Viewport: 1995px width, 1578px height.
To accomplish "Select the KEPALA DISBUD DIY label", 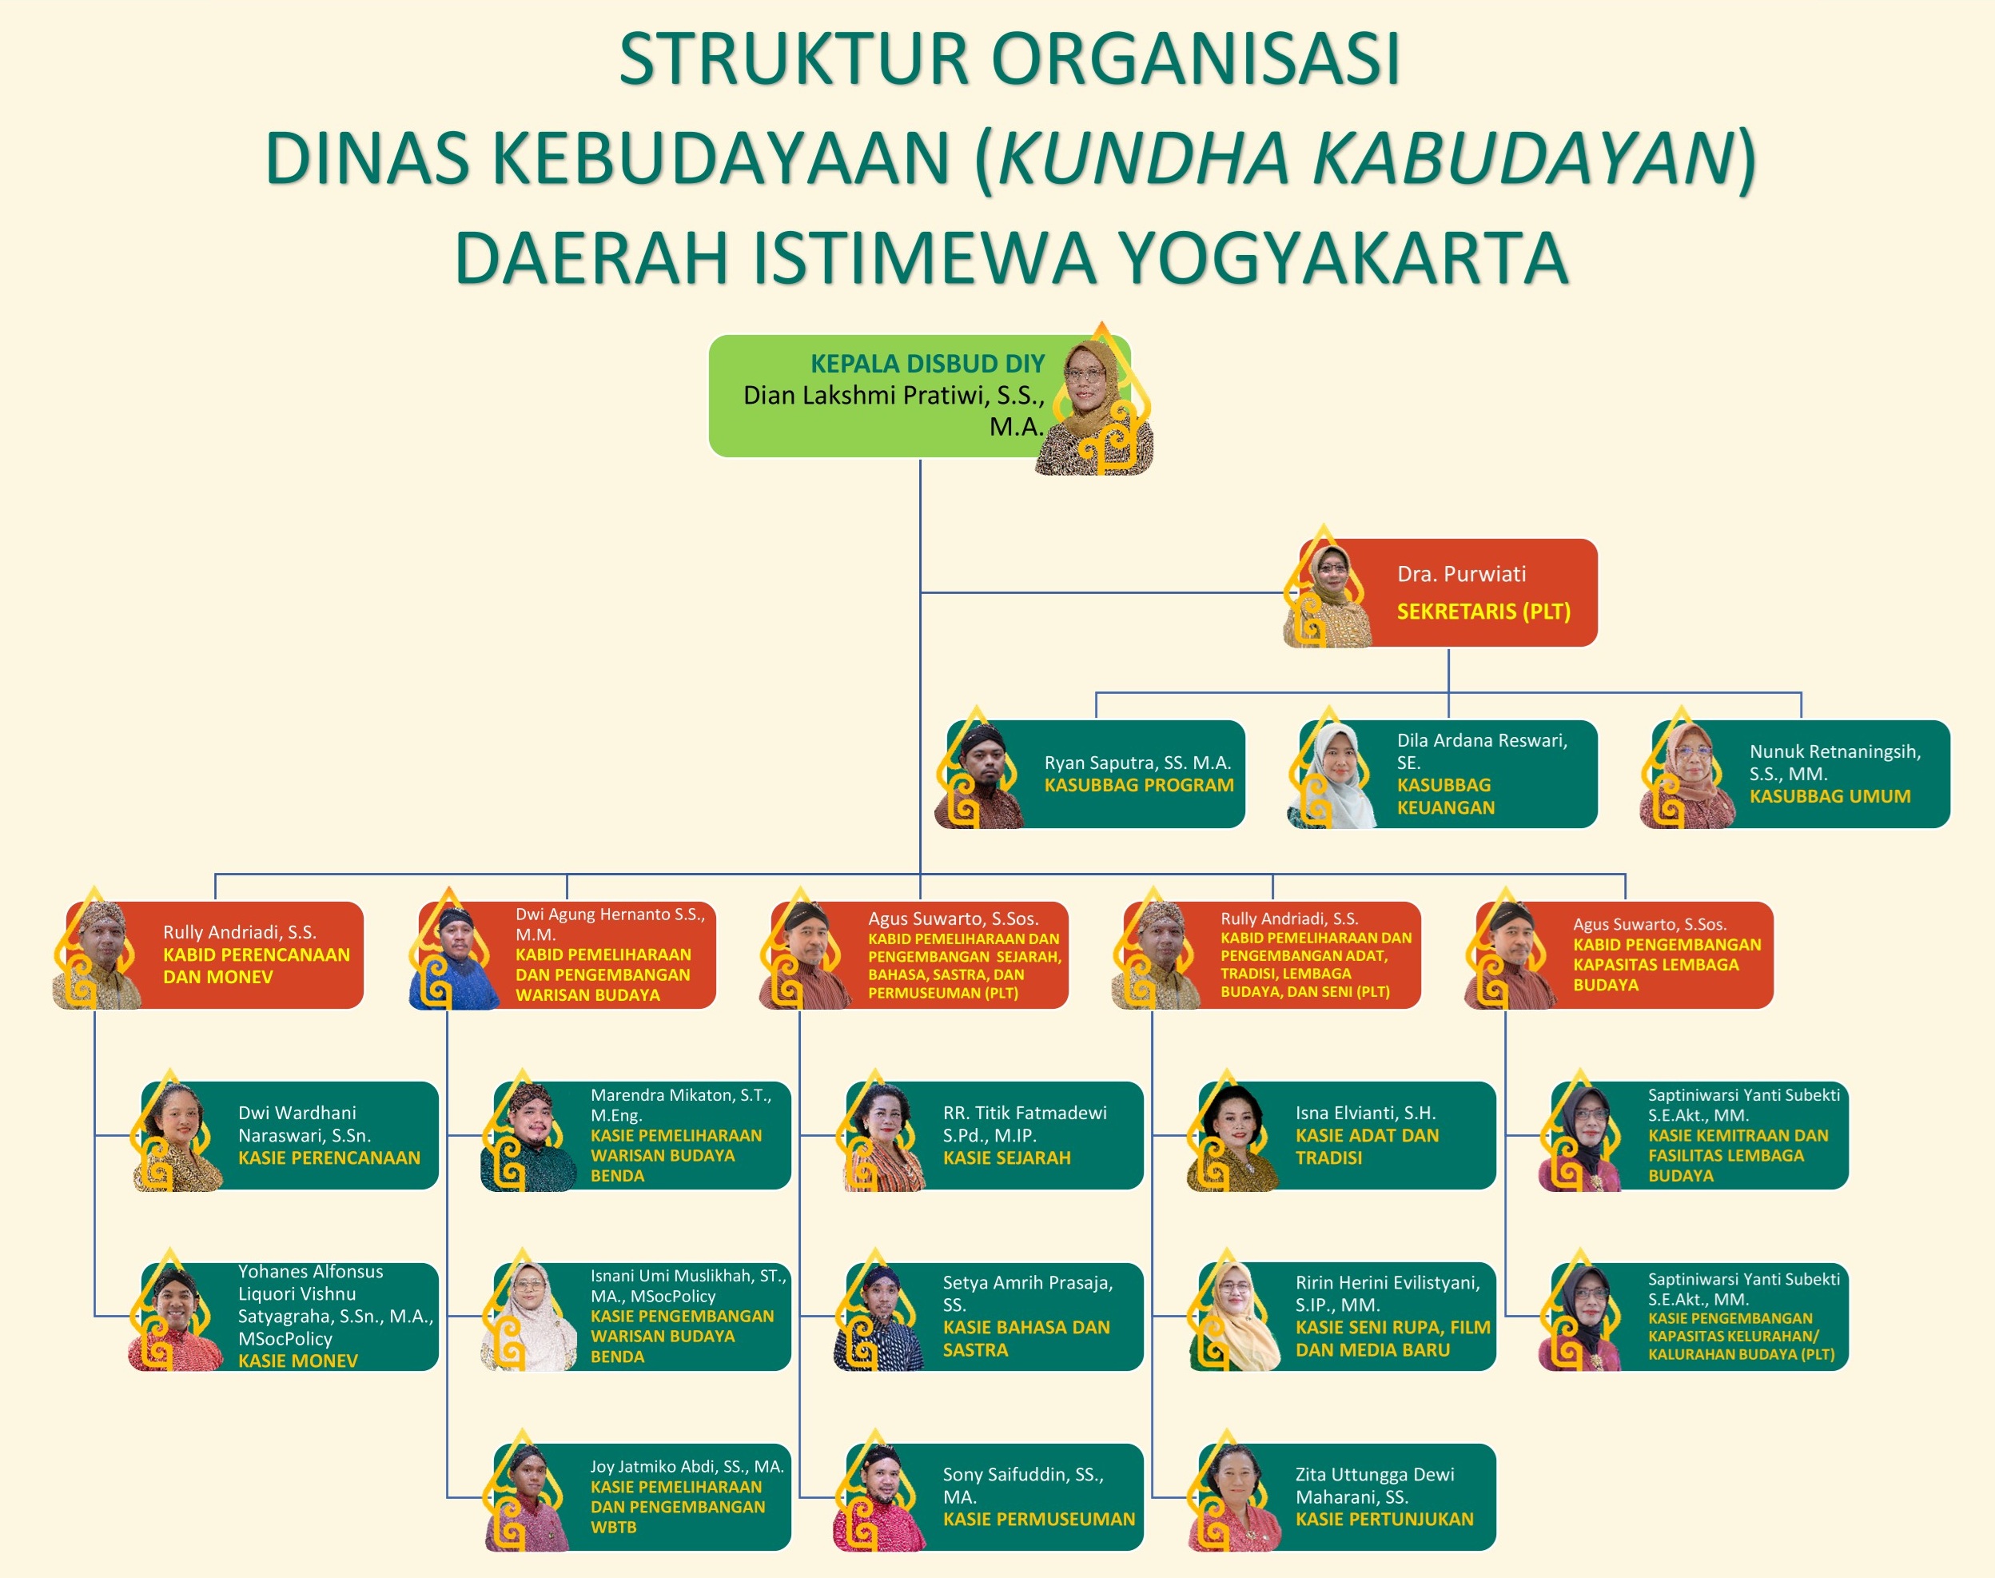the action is [x=927, y=363].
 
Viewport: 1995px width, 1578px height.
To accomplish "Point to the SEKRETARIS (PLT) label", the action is [x=1483, y=612].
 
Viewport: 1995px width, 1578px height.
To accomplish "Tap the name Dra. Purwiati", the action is [x=1461, y=574].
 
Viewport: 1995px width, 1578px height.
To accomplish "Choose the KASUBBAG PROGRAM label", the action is [x=1139, y=785].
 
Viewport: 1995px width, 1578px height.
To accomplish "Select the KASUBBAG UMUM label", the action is [x=1830, y=796].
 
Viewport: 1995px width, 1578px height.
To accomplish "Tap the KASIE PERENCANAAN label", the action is [x=329, y=1158].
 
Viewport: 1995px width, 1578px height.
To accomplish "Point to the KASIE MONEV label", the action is [x=297, y=1361].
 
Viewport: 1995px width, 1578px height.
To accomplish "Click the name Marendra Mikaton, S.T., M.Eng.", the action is [x=681, y=1105].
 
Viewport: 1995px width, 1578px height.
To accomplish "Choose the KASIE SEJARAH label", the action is [x=1007, y=1158].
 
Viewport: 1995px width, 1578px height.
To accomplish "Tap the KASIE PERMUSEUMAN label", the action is [x=1039, y=1519].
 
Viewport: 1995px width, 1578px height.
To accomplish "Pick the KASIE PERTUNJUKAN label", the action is [x=1384, y=1519].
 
